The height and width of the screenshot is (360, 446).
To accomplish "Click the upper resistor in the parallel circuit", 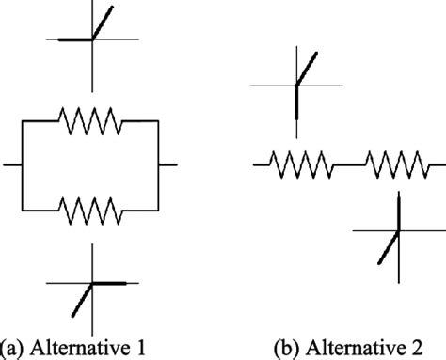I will pos(89,120).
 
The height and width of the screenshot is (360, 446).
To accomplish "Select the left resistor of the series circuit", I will pos(301,165).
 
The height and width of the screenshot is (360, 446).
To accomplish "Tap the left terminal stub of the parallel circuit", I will pos(12,165).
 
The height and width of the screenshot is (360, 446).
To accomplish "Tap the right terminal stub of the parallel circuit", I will pos(168,165).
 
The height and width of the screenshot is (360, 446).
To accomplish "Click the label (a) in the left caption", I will pos(13,347).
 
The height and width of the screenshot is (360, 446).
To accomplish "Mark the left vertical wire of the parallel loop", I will pos(21,165).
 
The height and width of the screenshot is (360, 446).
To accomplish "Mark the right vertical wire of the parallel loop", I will pos(159,165).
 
